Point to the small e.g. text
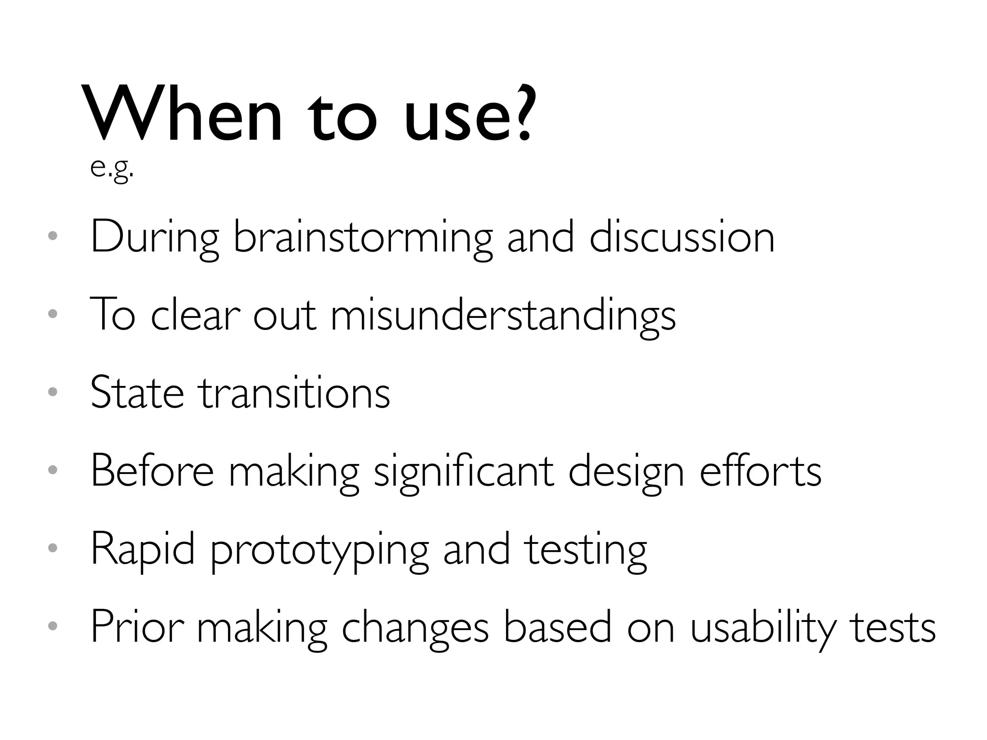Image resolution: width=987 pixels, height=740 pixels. click(111, 168)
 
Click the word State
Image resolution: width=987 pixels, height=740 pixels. click(137, 393)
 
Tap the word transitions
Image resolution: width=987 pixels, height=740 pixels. click(295, 393)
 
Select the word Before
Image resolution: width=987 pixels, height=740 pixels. click(152, 471)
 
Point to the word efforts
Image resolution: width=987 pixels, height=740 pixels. click(760, 471)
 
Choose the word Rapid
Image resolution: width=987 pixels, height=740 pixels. click(143, 550)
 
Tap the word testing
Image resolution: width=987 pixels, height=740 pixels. click(586, 550)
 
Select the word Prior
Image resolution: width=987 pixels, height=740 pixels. click(137, 627)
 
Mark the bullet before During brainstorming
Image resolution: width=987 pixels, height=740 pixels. click(53, 236)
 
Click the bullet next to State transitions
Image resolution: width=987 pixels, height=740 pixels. click(53, 392)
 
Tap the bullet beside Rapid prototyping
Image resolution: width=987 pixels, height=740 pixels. click(53, 548)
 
